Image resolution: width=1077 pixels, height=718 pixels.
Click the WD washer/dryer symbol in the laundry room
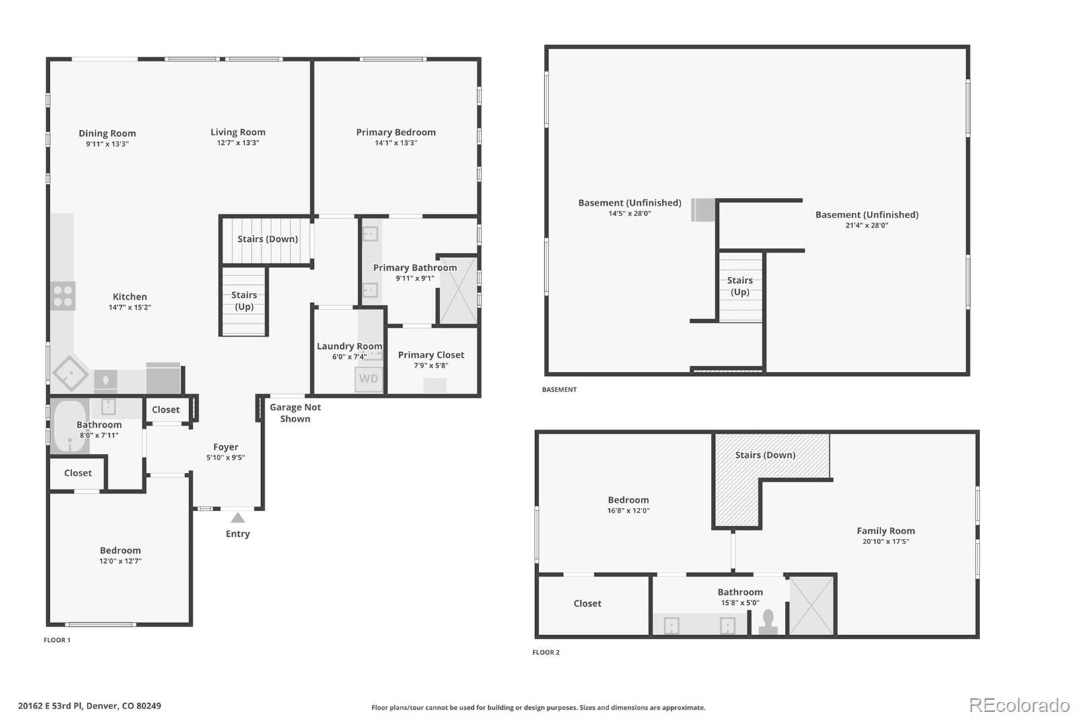[x=369, y=379]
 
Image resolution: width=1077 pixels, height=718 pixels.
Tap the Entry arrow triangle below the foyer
[x=238, y=518]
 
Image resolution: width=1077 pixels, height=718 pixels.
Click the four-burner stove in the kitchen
[x=63, y=296]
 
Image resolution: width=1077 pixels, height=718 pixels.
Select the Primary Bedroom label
[x=396, y=132]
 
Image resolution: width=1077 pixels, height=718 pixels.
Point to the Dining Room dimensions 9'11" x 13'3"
[x=107, y=144]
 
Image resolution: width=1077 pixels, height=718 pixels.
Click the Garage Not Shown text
[x=296, y=413]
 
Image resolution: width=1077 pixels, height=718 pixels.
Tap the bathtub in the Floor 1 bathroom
[x=70, y=426]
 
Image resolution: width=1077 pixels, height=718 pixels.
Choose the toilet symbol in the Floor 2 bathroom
[x=768, y=622]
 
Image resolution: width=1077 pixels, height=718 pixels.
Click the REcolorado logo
[x=1019, y=705]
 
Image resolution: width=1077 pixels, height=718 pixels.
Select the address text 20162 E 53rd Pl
[x=50, y=706]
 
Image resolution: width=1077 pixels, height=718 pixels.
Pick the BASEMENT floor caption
[x=559, y=389]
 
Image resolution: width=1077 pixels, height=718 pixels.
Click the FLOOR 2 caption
[x=546, y=652]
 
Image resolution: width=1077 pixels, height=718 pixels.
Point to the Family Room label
[x=886, y=530]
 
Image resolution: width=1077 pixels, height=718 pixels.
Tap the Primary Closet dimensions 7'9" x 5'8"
[x=431, y=365]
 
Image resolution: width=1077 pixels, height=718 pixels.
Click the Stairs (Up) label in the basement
[x=740, y=286]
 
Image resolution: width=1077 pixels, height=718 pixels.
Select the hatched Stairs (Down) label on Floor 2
[x=765, y=455]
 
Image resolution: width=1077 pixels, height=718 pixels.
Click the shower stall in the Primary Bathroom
[x=458, y=290]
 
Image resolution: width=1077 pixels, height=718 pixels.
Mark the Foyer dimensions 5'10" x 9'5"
[x=225, y=457]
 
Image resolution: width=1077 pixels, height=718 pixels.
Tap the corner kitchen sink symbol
[x=71, y=373]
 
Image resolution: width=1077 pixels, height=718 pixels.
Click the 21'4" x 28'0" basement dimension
[x=866, y=225]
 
